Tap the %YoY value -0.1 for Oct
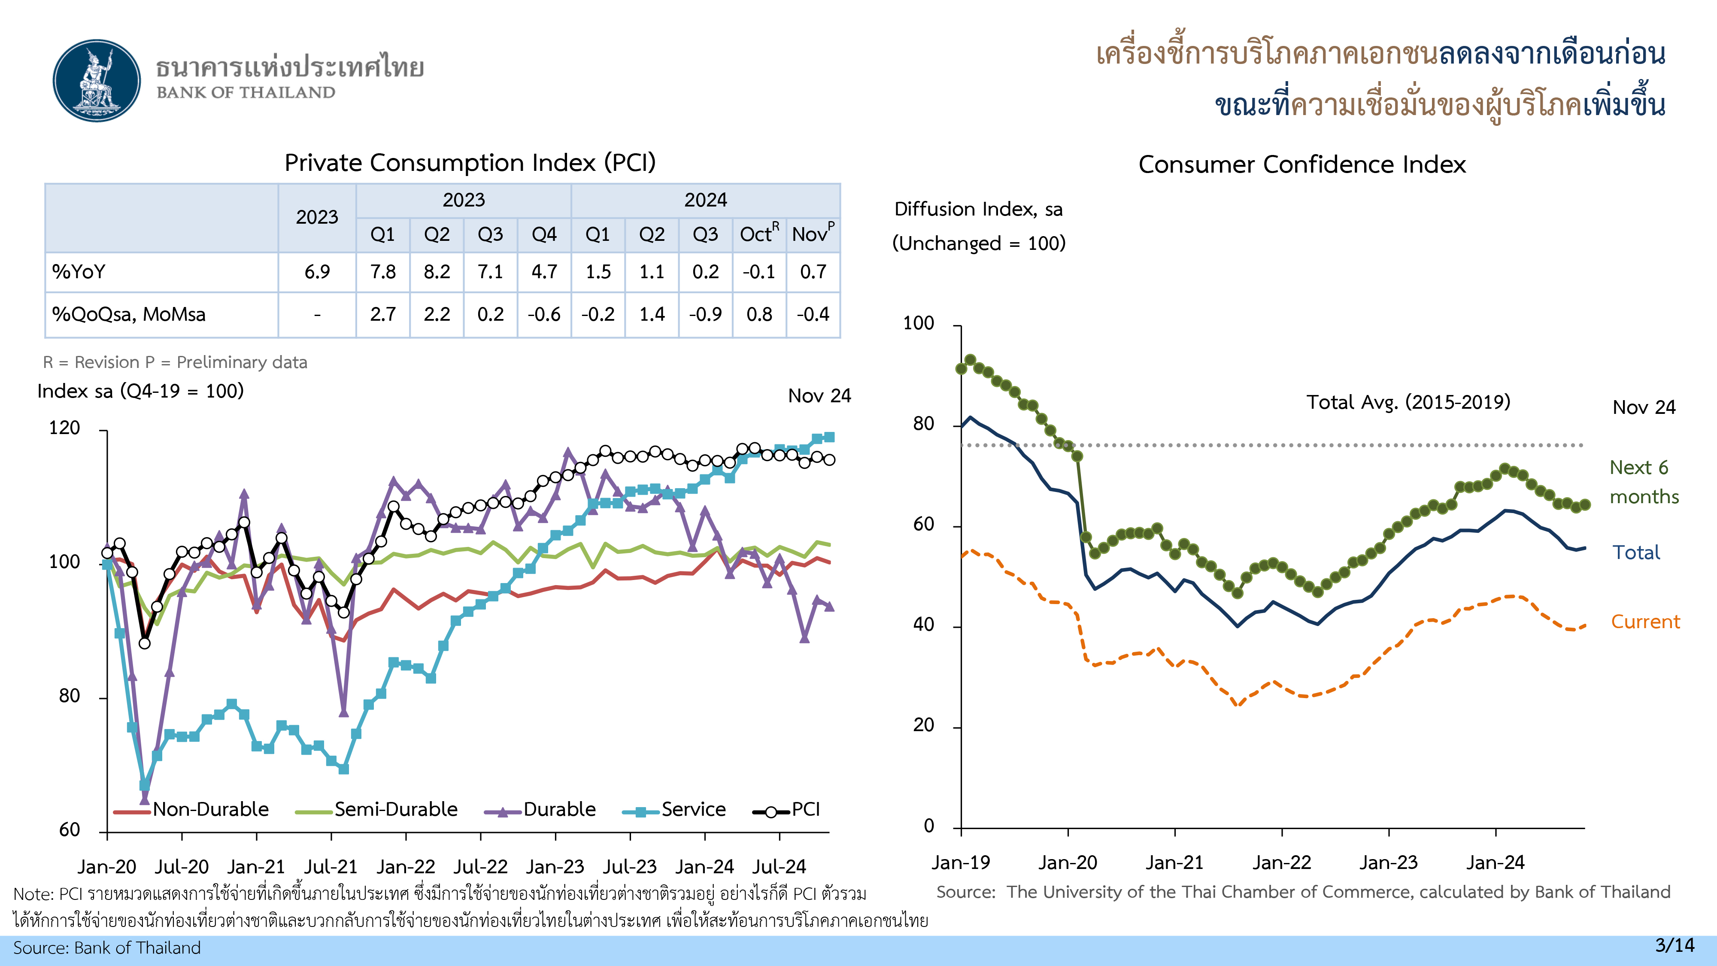[x=758, y=272]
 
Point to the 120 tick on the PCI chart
[x=65, y=428]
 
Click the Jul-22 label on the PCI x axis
[x=481, y=867]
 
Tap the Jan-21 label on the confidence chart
[x=1174, y=863]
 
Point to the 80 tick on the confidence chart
[x=923, y=424]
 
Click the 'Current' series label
[x=1645, y=622]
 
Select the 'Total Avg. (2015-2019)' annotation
[x=1408, y=402]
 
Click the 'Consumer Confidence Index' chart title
[x=1302, y=165]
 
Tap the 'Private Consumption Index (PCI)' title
[x=470, y=163]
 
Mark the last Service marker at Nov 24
[x=829, y=437]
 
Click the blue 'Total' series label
[x=1636, y=553]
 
